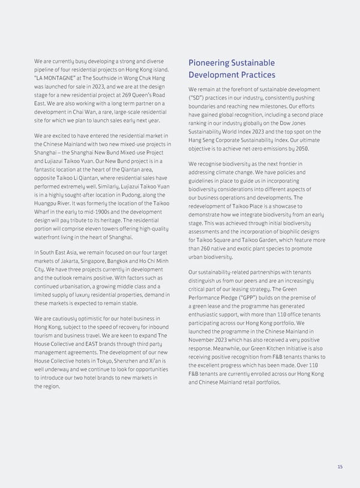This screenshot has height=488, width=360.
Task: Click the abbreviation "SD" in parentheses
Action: coord(197,98)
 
